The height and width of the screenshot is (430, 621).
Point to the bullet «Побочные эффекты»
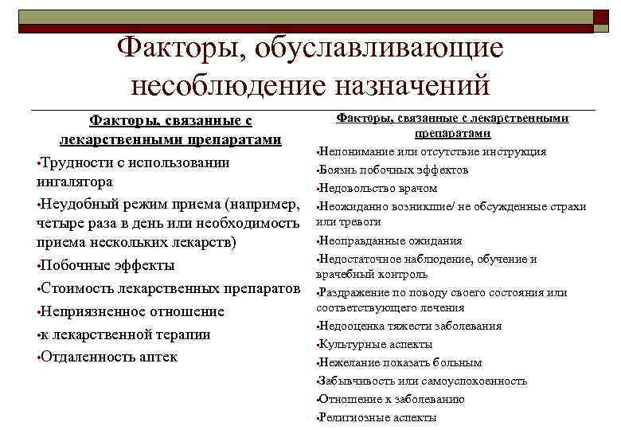[x=107, y=265]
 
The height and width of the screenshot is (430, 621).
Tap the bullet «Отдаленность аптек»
[x=108, y=356]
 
